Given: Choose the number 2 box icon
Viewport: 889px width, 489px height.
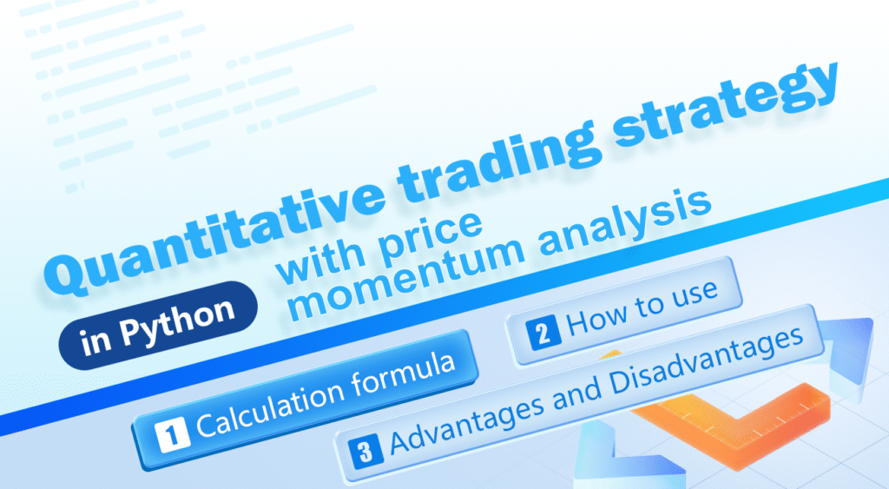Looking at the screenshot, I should (x=543, y=334).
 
